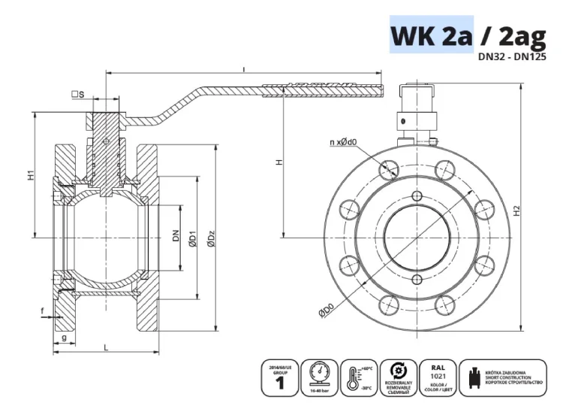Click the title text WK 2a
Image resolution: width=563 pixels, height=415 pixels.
point(431,35)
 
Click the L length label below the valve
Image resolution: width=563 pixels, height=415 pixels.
point(106,347)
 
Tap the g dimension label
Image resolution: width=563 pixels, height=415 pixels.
point(64,338)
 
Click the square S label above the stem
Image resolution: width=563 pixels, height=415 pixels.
point(77,95)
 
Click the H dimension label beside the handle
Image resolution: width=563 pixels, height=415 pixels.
point(278,162)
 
